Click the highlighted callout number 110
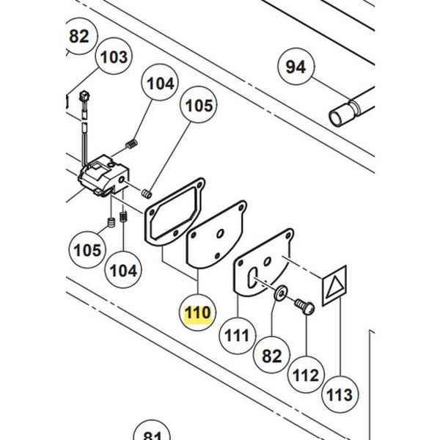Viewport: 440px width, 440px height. coord(198,313)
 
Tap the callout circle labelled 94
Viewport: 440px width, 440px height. coord(296,67)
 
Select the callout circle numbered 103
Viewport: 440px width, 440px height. coord(113,56)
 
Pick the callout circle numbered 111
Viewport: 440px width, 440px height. coord(236,337)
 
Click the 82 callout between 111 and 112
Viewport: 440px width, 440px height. coord(271,356)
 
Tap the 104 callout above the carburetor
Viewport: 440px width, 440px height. coord(161,84)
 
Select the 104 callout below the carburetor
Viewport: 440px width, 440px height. coord(123,270)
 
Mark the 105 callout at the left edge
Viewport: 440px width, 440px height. coord(88,250)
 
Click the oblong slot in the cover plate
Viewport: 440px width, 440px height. coord(252,277)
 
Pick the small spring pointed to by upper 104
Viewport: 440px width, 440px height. coord(133,141)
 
